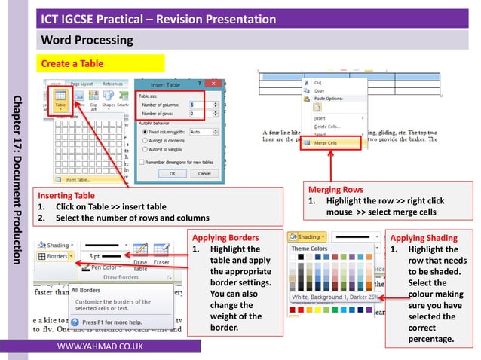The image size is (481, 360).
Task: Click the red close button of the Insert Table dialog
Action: (216, 84)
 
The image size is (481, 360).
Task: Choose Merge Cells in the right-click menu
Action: (326, 142)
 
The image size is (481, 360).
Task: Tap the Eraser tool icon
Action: (162, 252)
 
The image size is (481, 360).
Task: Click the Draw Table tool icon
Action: (140, 252)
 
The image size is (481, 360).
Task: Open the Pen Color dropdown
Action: (105, 267)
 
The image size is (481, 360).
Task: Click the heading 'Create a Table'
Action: (72, 63)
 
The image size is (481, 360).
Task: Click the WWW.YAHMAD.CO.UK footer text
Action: (100, 346)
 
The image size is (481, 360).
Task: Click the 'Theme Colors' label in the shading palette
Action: (310, 249)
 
